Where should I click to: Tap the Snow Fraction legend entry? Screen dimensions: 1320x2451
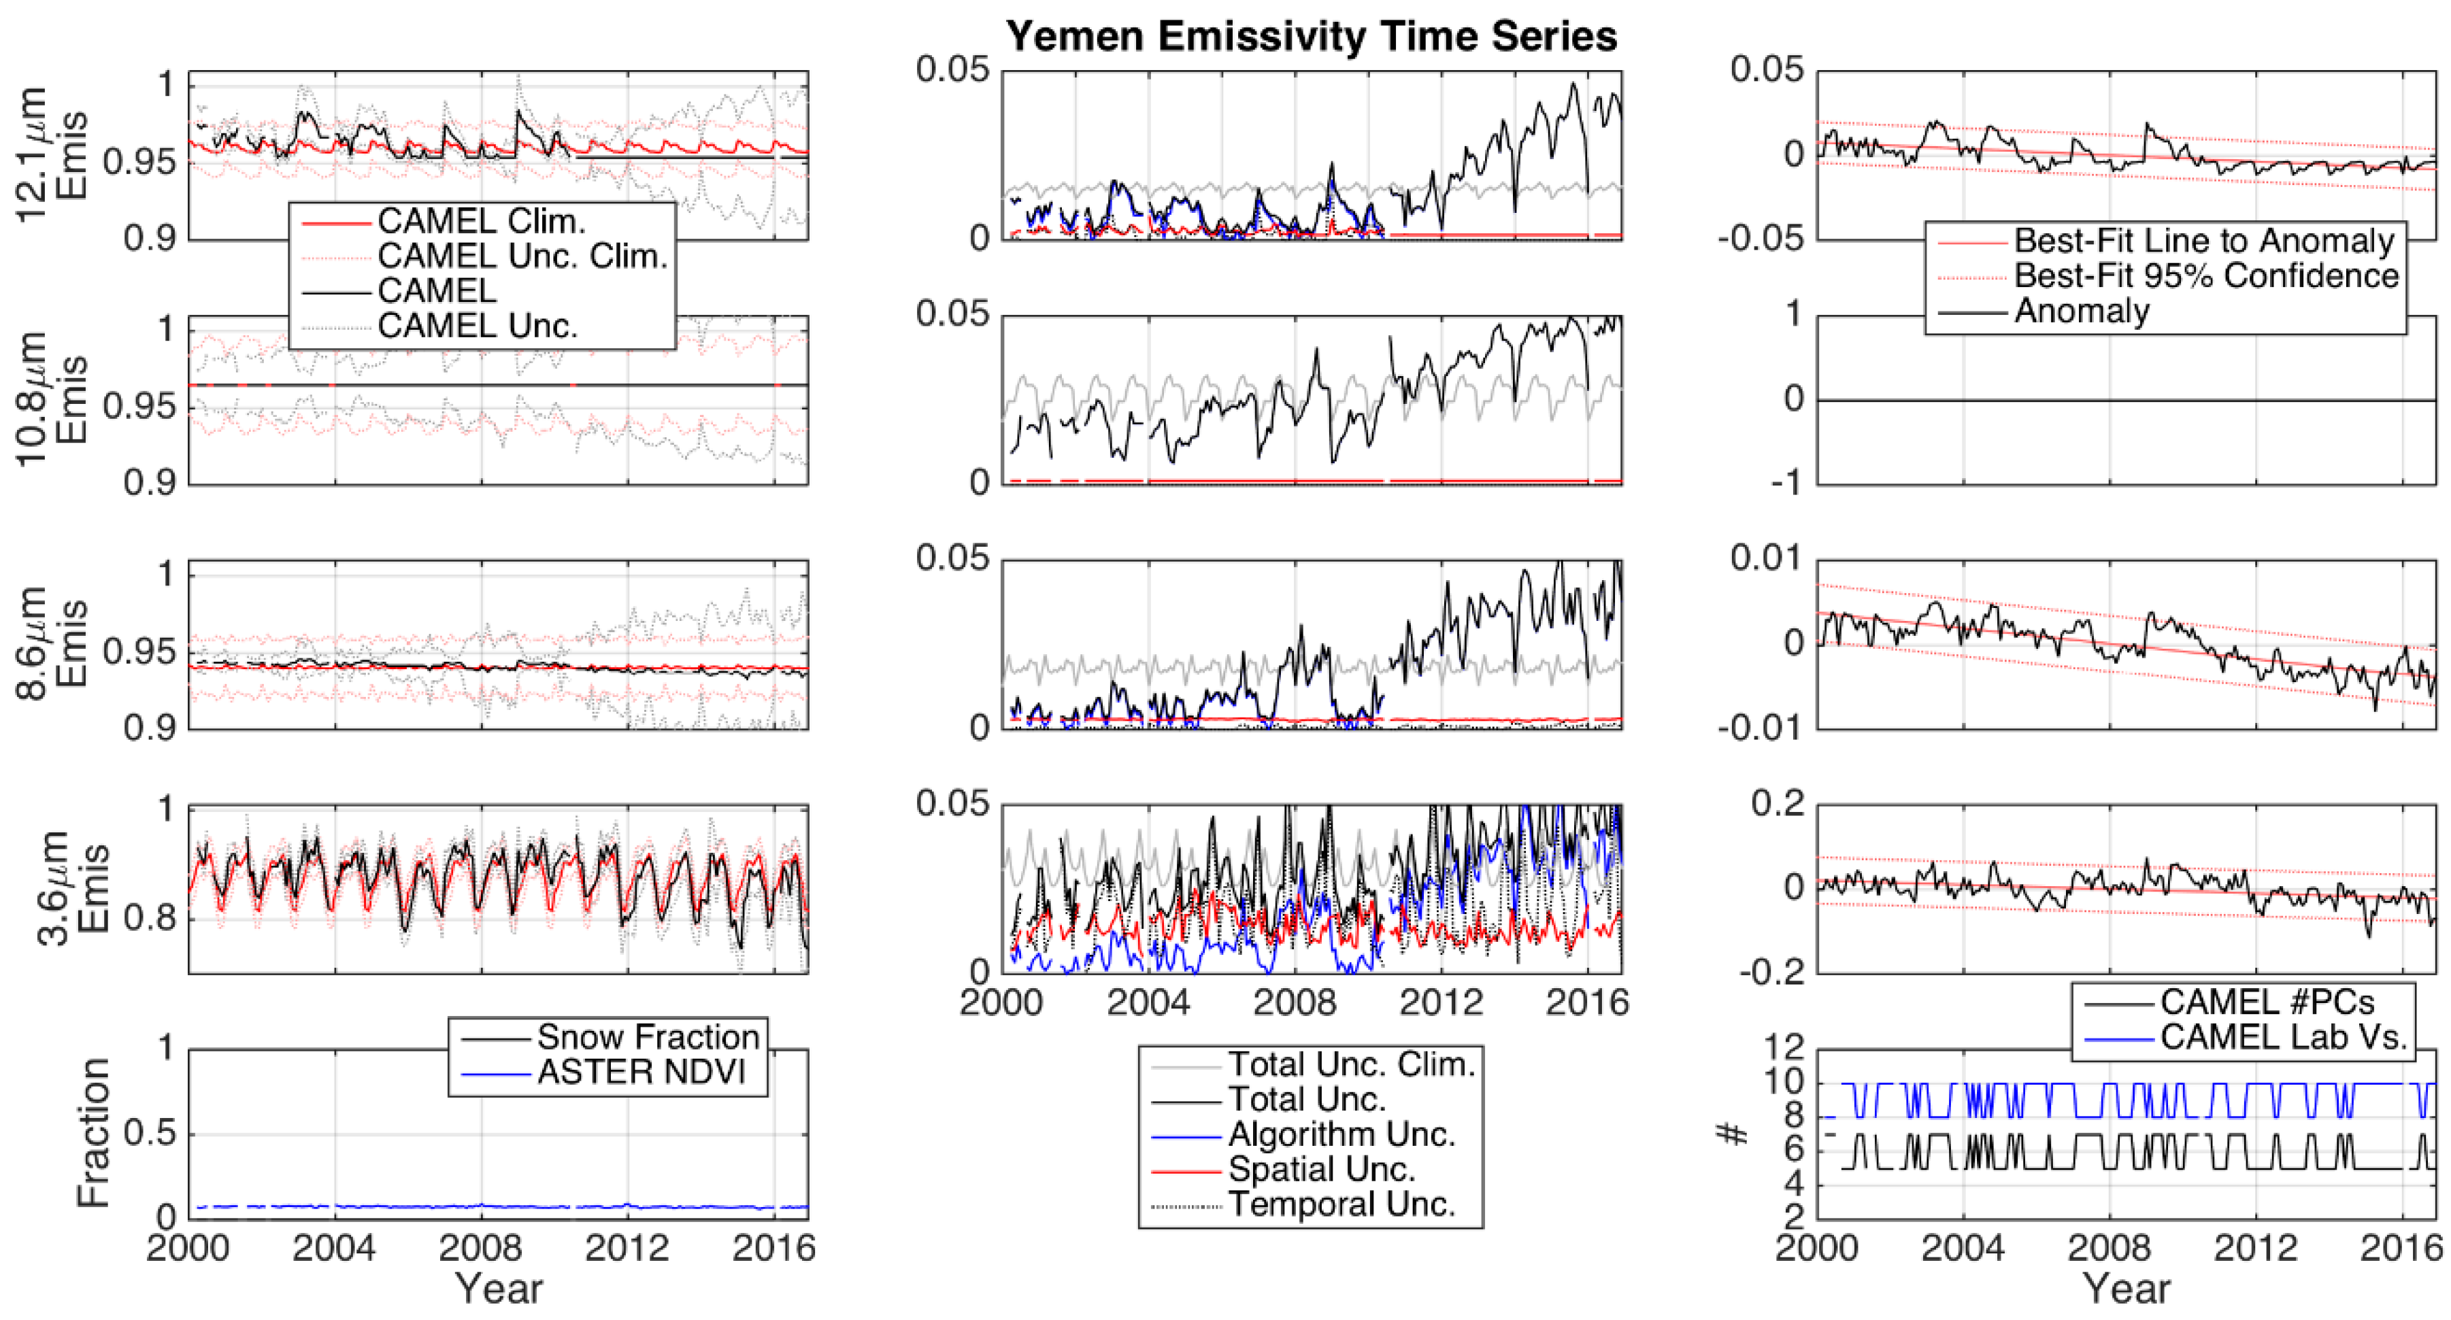[x=647, y=1036]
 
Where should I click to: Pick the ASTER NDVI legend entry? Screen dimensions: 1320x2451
[x=640, y=1072]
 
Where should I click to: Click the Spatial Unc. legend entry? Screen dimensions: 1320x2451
[x=1322, y=1169]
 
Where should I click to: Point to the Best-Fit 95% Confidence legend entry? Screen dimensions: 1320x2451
[x=2205, y=277]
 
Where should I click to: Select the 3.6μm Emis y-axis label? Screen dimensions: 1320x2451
[x=71, y=890]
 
